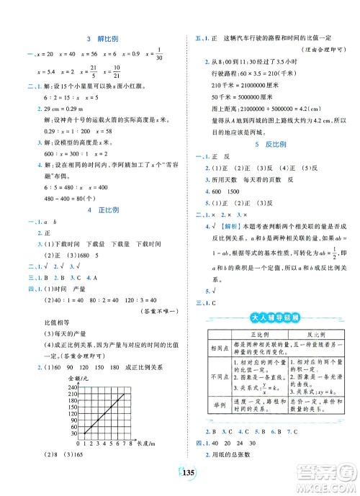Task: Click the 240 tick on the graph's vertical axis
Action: pos(74,388)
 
